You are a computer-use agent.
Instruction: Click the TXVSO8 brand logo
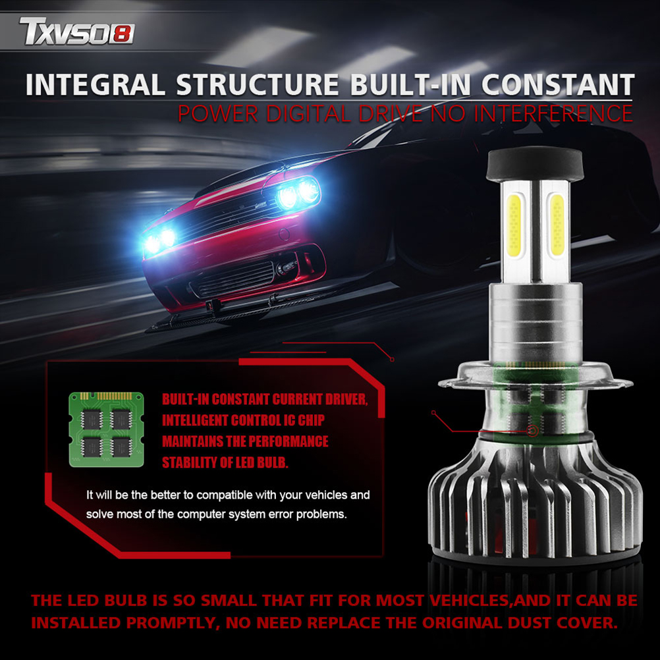point(77,31)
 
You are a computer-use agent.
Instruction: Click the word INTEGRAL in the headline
point(95,84)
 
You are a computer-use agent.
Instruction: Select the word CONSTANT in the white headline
point(558,84)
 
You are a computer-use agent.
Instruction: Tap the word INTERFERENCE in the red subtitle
point(553,113)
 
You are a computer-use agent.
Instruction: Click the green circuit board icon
point(107,429)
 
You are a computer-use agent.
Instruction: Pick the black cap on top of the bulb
point(535,164)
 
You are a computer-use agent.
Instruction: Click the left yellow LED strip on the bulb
point(514,225)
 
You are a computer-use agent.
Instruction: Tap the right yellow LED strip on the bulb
point(557,225)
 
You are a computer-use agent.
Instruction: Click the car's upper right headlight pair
point(298,194)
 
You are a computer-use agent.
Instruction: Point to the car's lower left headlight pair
point(159,241)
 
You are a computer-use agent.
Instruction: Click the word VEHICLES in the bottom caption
point(469,600)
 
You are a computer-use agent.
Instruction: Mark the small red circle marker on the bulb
point(533,431)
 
